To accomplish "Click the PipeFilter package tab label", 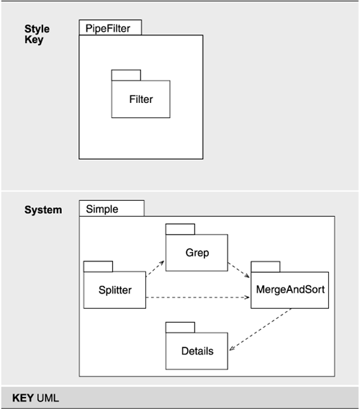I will (x=109, y=28).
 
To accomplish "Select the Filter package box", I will (x=140, y=99).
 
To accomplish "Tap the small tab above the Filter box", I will (x=126, y=74).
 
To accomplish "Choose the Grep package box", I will (x=197, y=253).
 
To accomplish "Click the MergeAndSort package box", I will (x=290, y=290).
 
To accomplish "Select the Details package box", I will (x=197, y=351).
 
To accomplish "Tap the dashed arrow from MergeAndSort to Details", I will (x=261, y=330).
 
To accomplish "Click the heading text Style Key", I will (x=34, y=35).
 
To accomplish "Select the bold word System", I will (x=42, y=210).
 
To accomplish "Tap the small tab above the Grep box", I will (x=180, y=229).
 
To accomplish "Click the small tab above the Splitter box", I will (x=98, y=266).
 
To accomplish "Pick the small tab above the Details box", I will (x=180, y=327).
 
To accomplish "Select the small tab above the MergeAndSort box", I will (x=265, y=266).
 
